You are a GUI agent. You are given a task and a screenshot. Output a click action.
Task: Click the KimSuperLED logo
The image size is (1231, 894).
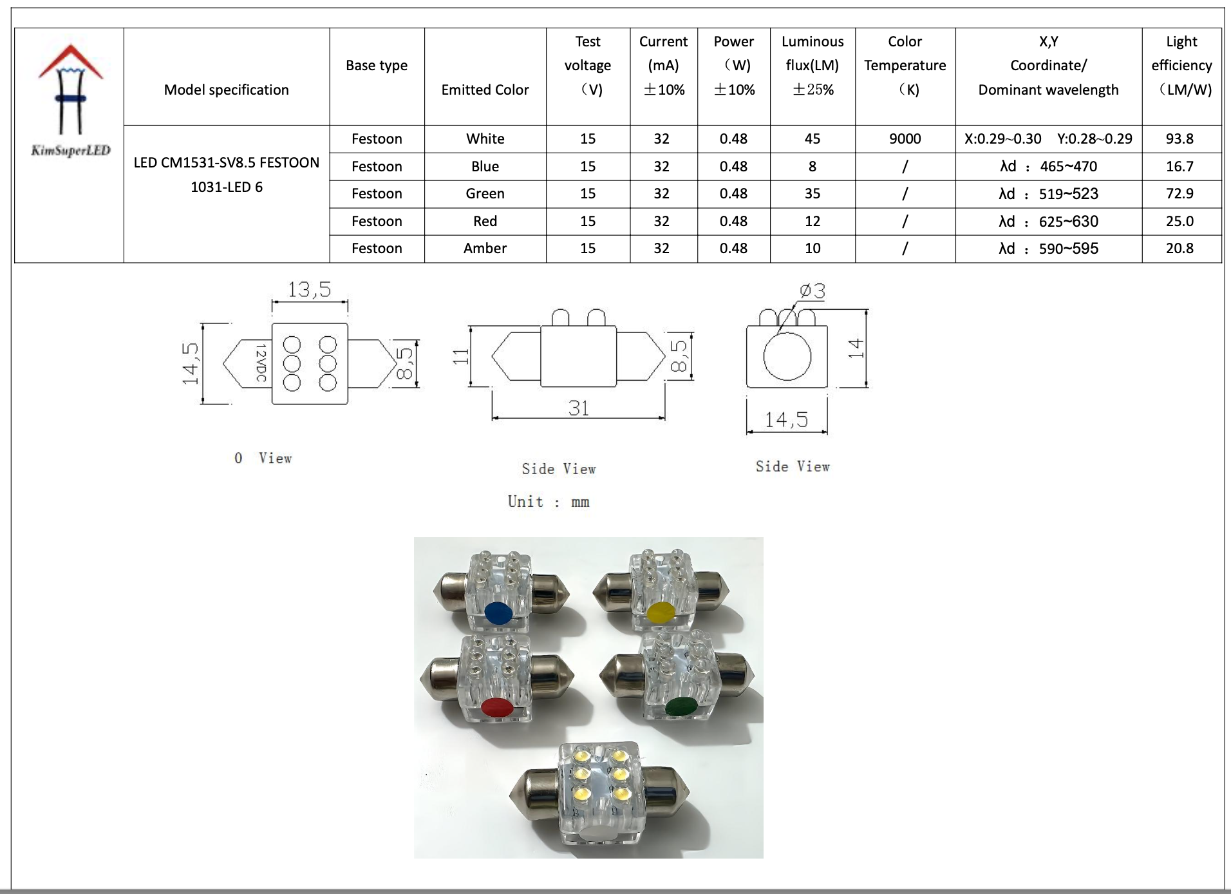pos(70,100)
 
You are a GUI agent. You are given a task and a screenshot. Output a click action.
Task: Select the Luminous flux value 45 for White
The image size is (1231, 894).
pos(812,139)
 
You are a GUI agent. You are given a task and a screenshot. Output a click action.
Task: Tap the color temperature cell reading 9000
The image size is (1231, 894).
pos(905,139)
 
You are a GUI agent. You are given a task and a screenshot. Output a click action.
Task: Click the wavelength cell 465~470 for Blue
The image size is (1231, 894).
pos(1049,167)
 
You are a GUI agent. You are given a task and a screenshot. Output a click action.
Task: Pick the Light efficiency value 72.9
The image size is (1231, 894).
pos(1179,194)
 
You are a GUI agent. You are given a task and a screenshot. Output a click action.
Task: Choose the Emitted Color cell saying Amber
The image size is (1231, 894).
pos(485,249)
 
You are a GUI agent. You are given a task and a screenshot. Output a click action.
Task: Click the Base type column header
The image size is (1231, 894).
pos(376,66)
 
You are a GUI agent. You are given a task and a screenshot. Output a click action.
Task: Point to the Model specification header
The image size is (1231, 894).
pos(226,90)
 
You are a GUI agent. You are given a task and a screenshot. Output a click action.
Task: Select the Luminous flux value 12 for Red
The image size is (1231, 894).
pos(812,222)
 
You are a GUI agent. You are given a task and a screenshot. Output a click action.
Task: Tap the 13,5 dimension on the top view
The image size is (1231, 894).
pos(309,290)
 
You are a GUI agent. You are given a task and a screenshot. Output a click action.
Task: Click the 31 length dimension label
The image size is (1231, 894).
pos(578,408)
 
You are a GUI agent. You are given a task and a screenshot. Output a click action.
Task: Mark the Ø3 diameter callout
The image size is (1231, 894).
pos(812,291)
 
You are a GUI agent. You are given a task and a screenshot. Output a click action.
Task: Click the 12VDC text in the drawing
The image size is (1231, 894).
pos(261,363)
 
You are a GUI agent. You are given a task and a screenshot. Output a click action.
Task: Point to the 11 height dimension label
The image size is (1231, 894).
pos(461,356)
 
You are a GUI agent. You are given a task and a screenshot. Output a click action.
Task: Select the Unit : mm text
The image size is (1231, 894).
pos(549,502)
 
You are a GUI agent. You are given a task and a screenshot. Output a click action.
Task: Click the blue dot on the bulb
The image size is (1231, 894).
pos(498,613)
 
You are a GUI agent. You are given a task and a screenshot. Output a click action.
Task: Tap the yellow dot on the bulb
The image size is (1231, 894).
pos(661,612)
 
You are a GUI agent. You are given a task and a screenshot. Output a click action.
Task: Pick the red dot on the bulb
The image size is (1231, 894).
pos(497,707)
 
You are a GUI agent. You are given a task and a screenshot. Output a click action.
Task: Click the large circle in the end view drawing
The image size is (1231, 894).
pos(787,357)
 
